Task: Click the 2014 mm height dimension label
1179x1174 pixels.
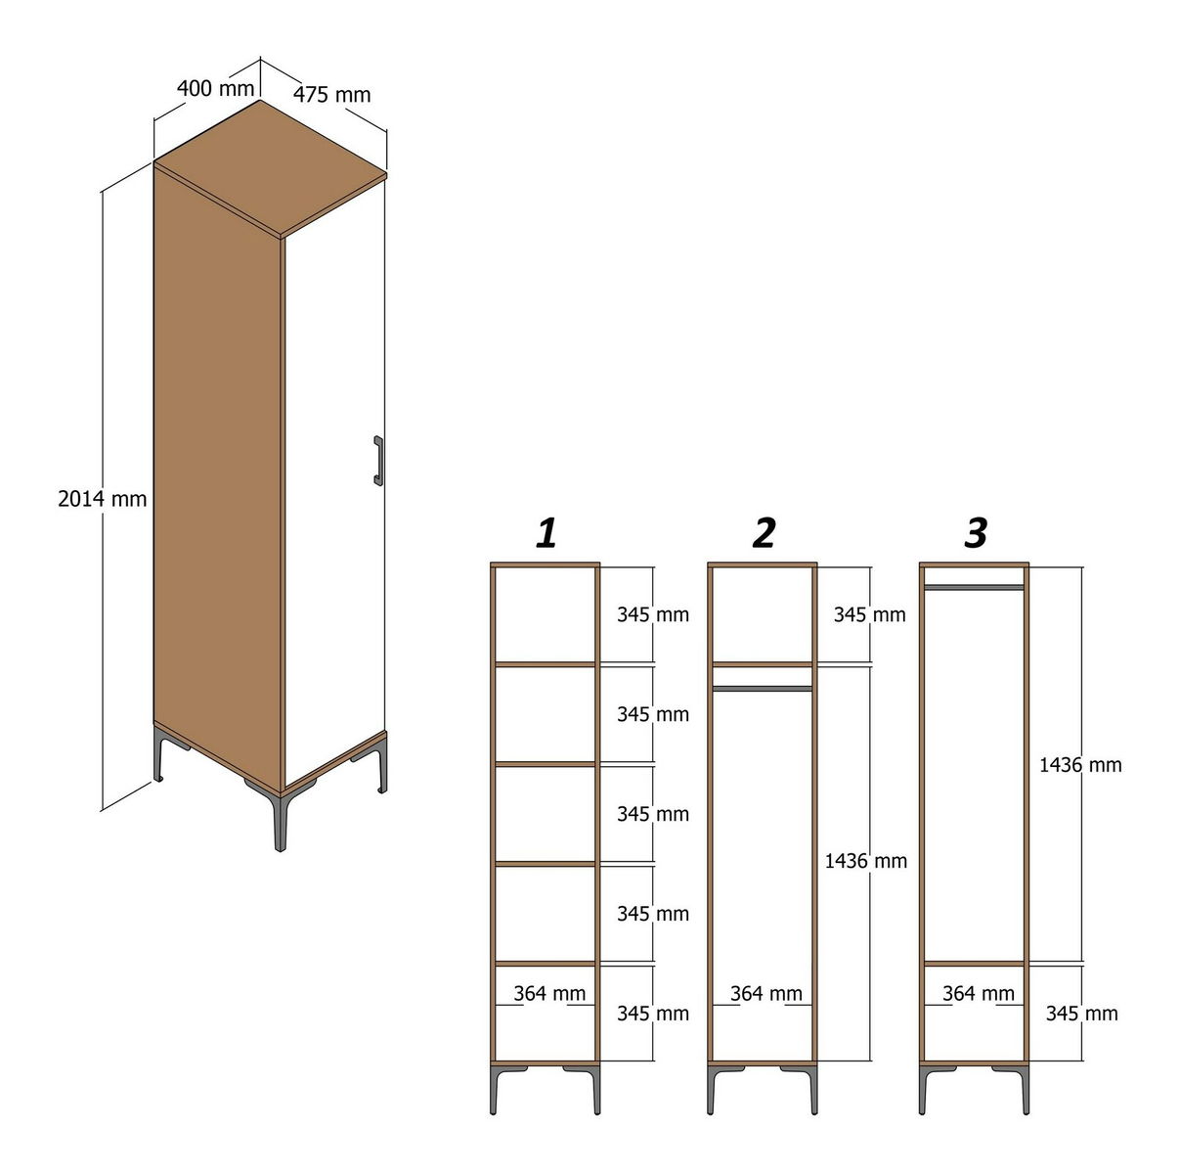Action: pos(103,499)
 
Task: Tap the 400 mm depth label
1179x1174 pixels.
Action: pos(215,89)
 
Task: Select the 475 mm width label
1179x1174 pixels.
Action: pos(331,95)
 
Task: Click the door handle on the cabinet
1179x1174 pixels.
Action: pos(378,461)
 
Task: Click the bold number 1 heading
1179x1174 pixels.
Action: pos(546,533)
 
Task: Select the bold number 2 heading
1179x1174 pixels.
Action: pos(764,533)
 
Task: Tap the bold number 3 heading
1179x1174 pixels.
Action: pos(976,533)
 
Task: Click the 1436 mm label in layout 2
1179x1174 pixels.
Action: pos(866,862)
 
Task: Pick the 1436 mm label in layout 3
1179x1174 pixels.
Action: pos(1080,765)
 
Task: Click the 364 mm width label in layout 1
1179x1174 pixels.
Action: pos(549,993)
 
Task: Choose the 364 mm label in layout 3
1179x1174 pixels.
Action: pos(979,993)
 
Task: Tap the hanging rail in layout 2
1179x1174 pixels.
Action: pos(763,689)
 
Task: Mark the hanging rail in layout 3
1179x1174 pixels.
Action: pos(974,587)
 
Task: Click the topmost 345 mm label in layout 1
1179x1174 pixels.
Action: pos(653,614)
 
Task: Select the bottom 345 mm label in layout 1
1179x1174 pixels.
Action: pos(653,1014)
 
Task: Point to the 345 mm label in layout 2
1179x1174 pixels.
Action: pos(869,614)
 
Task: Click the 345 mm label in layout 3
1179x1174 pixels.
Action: pos(1081,1014)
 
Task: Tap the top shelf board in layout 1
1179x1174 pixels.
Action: pos(546,664)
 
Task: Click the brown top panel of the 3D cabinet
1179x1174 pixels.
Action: pos(270,167)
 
